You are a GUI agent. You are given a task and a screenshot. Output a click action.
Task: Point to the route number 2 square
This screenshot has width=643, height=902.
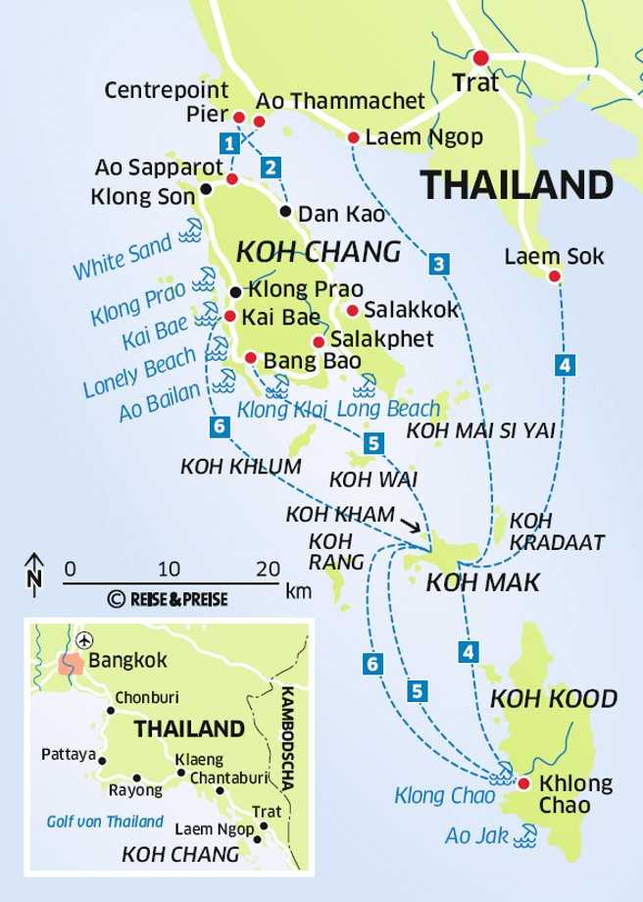point(271,166)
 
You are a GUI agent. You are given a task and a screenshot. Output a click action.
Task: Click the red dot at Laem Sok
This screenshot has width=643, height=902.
point(554,277)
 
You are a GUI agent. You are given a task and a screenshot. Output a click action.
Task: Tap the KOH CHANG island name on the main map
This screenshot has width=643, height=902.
point(319,252)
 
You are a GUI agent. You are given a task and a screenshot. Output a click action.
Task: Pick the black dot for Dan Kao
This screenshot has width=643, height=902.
point(285,211)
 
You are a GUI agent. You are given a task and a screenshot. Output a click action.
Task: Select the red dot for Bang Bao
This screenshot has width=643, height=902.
point(251,358)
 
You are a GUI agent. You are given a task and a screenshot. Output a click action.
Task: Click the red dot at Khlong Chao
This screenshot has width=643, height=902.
point(523,783)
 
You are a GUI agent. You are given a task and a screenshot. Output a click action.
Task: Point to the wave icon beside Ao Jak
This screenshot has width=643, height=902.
point(526,835)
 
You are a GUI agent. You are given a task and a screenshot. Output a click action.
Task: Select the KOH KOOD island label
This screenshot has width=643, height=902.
point(554,699)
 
